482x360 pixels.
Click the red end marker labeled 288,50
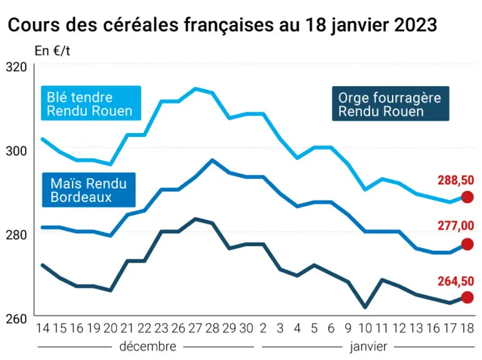coord(467,197)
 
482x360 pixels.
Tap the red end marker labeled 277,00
coord(467,244)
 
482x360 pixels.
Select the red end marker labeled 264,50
coord(467,297)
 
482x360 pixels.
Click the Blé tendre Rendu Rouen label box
coord(91,103)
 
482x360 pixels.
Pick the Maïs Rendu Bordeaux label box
coord(89,189)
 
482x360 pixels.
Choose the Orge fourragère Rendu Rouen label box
coord(390,104)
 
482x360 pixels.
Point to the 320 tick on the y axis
coord(16,67)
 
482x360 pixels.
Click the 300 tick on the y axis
coord(16,151)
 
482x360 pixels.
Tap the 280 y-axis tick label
coord(16,234)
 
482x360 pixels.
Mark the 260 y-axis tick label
coord(16,319)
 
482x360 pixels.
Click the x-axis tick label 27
coord(195,328)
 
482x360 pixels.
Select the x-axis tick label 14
coord(43,328)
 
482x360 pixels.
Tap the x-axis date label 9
coord(348,328)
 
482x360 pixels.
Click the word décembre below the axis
coord(148,346)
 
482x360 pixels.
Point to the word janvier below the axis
coord(368,347)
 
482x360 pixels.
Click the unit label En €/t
coord(53,51)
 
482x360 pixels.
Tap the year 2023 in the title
coord(415,24)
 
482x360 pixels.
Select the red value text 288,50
coord(456,180)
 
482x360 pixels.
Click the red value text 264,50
coord(456,281)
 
